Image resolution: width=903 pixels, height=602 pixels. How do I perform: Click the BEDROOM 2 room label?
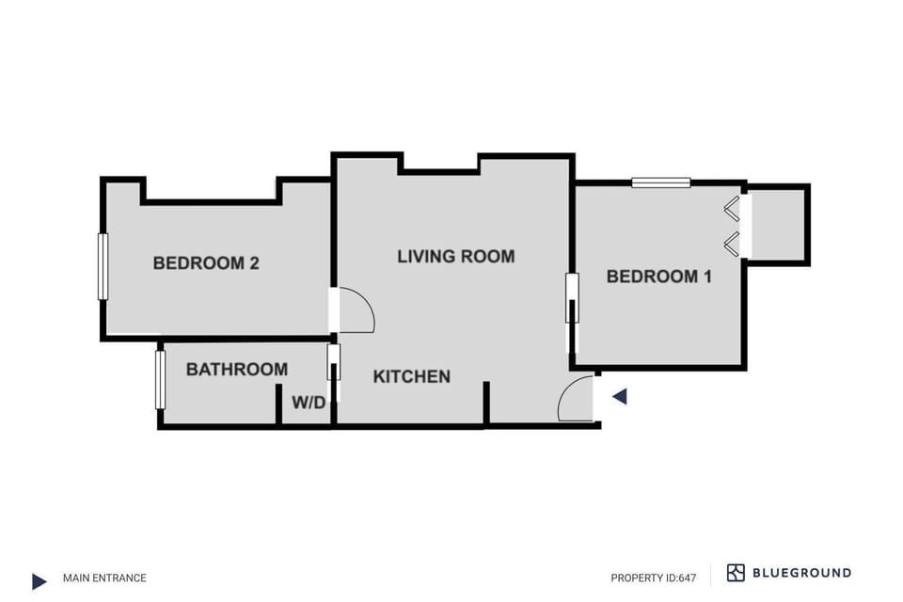click(x=206, y=263)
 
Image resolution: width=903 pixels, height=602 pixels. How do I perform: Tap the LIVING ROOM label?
click(x=455, y=256)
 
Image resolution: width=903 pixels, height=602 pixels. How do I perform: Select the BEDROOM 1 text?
click(x=658, y=277)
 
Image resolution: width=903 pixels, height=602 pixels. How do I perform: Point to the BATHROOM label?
click(x=237, y=370)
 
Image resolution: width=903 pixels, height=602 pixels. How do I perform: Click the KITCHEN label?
click(x=411, y=377)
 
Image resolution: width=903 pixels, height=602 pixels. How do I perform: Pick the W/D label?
click(x=308, y=404)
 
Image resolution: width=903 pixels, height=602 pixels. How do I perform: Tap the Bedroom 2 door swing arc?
click(x=356, y=310)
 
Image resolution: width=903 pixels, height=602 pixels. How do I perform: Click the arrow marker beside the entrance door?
click(x=619, y=397)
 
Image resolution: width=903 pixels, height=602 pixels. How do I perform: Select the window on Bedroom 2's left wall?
click(x=103, y=266)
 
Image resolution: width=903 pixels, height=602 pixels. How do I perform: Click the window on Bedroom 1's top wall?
click(x=660, y=182)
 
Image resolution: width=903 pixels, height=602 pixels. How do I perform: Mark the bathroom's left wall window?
click(x=160, y=380)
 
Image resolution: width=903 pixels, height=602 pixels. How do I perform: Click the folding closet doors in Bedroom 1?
click(x=732, y=226)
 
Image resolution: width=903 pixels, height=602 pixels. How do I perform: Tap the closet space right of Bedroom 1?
click(x=778, y=225)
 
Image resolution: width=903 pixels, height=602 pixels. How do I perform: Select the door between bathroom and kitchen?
click(x=333, y=363)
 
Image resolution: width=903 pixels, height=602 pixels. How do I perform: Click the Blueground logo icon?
click(x=736, y=573)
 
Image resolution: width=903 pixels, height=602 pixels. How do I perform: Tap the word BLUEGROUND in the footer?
click(x=801, y=573)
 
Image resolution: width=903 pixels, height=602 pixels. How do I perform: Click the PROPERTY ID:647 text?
click(x=653, y=578)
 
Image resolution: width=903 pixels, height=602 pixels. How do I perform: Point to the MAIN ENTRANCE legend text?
click(x=104, y=578)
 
